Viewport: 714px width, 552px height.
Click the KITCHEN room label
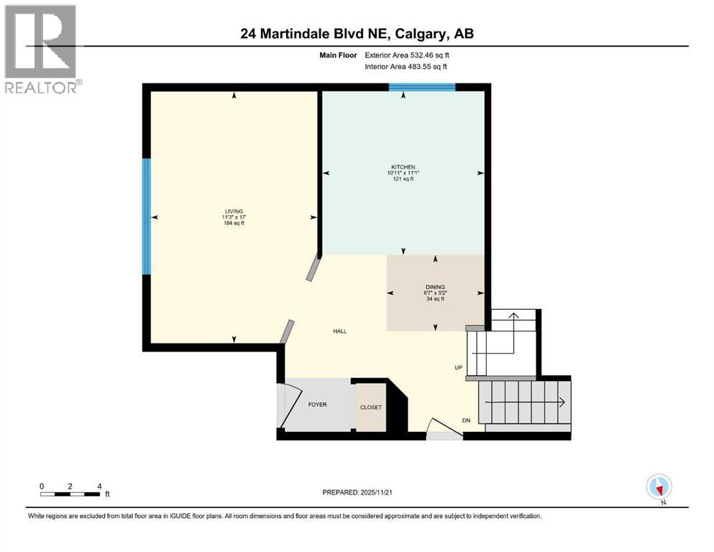pos(403,167)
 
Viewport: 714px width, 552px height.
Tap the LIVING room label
pos(233,211)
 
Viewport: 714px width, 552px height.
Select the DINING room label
pos(434,287)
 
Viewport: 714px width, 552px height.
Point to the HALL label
pos(339,331)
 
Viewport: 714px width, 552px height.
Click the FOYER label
pos(317,405)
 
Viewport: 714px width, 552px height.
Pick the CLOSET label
pos(371,408)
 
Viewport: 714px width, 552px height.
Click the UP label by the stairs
pos(458,367)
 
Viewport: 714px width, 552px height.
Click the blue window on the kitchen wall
pos(422,88)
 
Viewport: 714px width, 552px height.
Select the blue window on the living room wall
pos(147,216)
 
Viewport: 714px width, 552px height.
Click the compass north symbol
pos(659,487)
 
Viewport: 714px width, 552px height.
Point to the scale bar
pos(70,494)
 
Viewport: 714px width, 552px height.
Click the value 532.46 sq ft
pos(429,55)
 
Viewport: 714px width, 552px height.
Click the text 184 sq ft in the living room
pos(233,223)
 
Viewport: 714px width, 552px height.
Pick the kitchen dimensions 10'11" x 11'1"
pos(403,173)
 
